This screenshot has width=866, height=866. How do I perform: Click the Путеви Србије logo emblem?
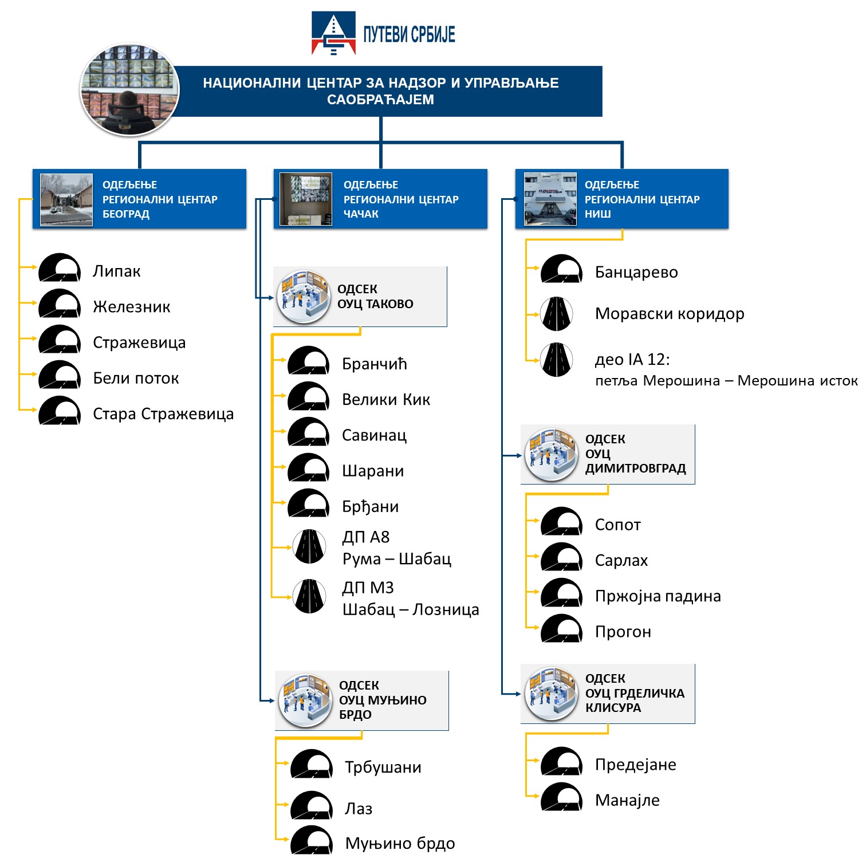point(333,33)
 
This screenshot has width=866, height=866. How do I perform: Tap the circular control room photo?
point(129,89)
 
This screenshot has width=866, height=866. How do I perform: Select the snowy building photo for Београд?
point(66,199)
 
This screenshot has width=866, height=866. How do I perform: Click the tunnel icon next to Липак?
point(60,267)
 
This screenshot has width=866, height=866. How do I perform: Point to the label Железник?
point(132,307)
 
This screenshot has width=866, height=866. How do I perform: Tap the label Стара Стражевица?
point(163,414)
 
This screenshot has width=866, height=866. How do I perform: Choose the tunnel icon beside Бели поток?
point(60,375)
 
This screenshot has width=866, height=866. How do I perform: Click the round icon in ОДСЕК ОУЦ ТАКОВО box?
point(303,297)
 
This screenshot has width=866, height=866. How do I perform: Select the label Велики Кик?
point(386,400)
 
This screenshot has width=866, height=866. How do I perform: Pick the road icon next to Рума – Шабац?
point(309,546)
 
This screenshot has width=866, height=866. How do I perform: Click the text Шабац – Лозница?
point(411,609)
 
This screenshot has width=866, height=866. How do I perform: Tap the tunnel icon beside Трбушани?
point(312,764)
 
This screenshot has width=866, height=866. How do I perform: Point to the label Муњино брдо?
point(400,844)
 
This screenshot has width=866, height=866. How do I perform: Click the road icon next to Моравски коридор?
point(557,314)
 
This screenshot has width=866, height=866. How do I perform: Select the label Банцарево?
point(636,272)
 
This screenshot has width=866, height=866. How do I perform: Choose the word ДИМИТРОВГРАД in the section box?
point(635,469)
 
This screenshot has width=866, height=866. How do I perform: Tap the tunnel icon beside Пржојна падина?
point(562,593)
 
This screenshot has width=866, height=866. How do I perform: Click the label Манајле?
point(627,800)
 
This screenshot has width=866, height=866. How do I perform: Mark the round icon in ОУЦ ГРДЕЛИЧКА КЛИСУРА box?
point(552,694)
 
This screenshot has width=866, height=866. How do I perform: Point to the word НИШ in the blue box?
point(598,214)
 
